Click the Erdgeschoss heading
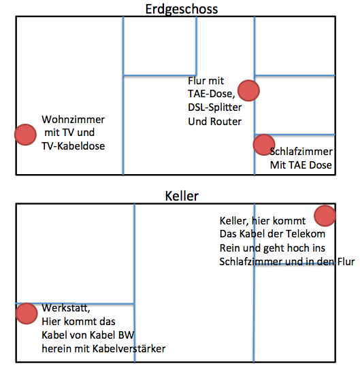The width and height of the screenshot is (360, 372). pos(182,10)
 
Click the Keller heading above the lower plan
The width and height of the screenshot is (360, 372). pos(182,197)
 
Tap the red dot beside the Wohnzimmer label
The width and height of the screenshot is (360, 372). pos(25,135)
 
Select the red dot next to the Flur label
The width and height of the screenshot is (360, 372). pos(248,90)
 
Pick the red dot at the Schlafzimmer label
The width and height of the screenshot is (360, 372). pos(264,145)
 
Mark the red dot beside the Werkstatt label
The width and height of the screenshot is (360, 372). pos(27,314)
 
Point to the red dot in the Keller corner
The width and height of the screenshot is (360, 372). pos(325,216)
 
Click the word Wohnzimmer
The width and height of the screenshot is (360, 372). pos(73,120)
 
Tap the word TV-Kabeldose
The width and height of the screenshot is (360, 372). pos(73,146)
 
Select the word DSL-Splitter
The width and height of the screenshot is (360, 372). pos(214,107)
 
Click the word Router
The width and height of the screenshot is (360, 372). pos(226,122)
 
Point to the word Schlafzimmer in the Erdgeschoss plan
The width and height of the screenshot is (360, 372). pos(301,152)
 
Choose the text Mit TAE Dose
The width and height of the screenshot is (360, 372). pos(301,165)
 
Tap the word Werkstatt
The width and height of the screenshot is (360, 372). pos(66,308)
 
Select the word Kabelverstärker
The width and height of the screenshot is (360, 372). pos(129,349)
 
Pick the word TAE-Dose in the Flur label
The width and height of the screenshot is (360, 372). pos(212,94)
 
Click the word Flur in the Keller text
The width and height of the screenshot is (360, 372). pos(346,262)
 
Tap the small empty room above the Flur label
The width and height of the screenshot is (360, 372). pos(159,46)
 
